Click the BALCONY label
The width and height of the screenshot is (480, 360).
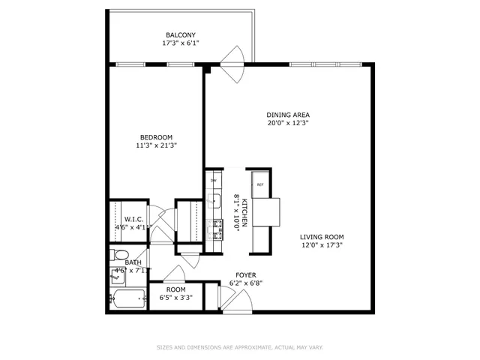(180, 35)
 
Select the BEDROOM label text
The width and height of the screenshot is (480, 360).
(156, 137)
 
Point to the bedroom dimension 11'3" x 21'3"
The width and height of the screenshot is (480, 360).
(156, 145)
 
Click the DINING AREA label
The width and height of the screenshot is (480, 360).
(288, 115)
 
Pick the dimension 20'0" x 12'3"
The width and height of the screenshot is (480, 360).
(288, 123)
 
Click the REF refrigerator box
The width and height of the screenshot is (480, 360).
(260, 184)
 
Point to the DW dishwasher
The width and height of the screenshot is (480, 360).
(214, 181)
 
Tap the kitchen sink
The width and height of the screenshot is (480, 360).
(214, 201)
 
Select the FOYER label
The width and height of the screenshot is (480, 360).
(244, 275)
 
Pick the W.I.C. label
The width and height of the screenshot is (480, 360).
(124, 219)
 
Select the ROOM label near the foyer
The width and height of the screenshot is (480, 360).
(175, 289)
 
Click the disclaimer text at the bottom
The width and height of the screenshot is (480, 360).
(239, 347)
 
